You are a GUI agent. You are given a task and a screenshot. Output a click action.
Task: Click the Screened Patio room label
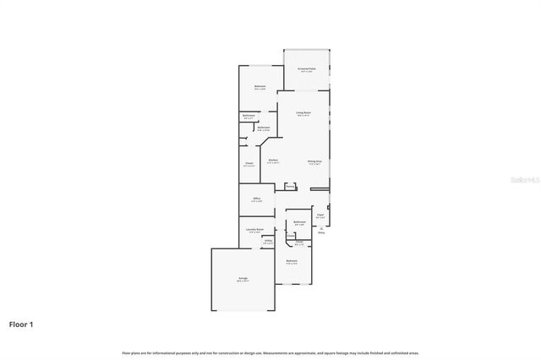click(x=306, y=68)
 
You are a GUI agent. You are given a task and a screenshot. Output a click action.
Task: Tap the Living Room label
click(x=303, y=112)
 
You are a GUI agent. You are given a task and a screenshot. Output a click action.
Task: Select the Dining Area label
click(x=314, y=161)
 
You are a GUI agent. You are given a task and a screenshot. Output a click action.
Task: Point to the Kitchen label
click(x=273, y=161)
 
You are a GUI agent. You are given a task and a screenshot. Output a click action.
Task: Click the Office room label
click(x=256, y=199)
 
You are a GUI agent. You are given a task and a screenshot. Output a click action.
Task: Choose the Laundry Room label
click(x=255, y=229)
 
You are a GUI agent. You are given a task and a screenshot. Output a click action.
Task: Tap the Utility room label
click(x=268, y=241)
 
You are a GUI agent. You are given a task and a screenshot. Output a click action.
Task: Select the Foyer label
click(x=320, y=215)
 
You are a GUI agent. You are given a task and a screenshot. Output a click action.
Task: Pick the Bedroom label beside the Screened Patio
click(x=260, y=86)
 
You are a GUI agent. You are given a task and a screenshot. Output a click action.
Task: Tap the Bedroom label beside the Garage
click(x=292, y=261)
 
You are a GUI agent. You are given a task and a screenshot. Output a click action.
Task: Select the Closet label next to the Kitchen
click(x=249, y=163)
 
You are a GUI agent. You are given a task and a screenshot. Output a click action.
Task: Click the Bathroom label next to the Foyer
click(x=299, y=222)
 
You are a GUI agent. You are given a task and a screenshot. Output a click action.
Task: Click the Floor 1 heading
click(x=21, y=324)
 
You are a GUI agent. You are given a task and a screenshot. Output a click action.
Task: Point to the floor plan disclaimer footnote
click(x=270, y=352)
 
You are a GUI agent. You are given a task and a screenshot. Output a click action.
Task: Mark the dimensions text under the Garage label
click(x=243, y=281)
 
